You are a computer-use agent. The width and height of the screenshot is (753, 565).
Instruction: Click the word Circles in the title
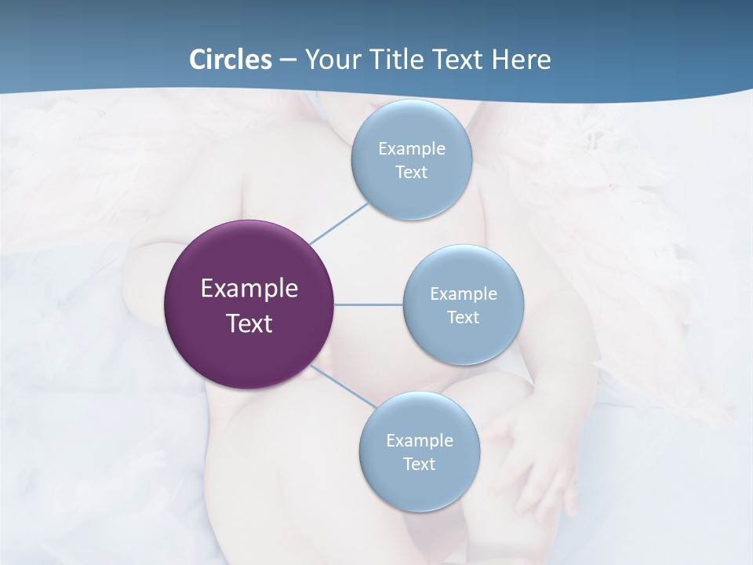click(231, 60)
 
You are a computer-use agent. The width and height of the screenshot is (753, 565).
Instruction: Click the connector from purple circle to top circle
click(340, 223)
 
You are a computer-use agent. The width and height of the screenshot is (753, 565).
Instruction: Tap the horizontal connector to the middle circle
click(368, 304)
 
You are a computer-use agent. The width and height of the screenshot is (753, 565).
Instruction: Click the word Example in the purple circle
click(249, 289)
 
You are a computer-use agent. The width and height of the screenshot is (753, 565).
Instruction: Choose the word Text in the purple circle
click(249, 323)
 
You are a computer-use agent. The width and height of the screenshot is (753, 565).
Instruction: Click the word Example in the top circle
click(412, 149)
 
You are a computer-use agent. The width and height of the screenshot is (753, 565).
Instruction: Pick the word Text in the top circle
click(411, 173)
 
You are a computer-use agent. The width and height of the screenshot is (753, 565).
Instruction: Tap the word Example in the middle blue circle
click(464, 294)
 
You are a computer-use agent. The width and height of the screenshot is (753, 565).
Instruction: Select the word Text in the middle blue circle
click(463, 317)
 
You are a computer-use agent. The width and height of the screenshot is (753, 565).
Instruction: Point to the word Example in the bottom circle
click(420, 441)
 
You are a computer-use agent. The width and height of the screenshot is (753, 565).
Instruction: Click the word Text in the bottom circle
click(419, 464)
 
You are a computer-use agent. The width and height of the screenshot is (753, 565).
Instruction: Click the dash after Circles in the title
click(287, 60)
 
